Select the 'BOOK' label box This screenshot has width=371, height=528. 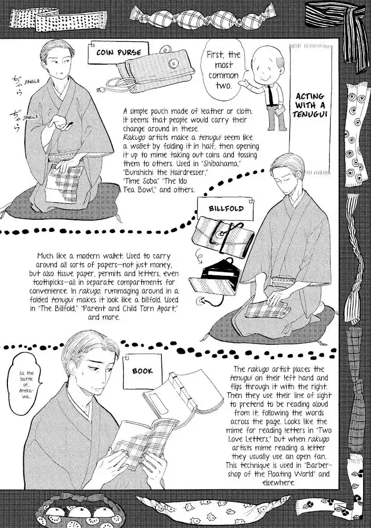click(143, 370)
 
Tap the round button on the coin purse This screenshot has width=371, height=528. click(173, 63)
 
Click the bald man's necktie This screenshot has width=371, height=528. click(270, 94)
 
